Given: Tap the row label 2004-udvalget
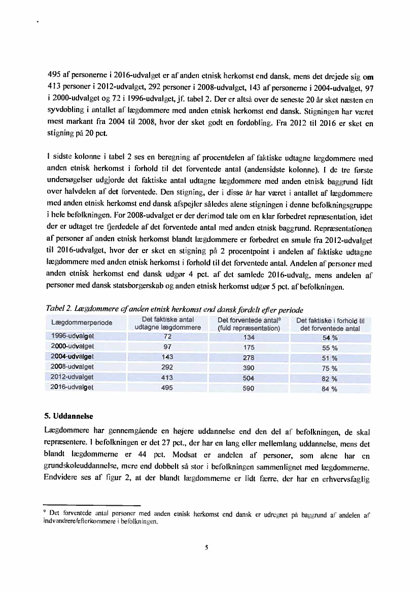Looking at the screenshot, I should (73, 357).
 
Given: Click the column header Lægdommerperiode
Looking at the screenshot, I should (82, 323).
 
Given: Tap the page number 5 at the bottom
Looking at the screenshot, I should (207, 547).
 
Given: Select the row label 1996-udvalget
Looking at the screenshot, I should (73, 336).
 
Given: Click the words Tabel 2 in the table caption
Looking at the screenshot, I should (58, 309).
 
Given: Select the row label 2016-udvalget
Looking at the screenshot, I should (73, 388).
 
